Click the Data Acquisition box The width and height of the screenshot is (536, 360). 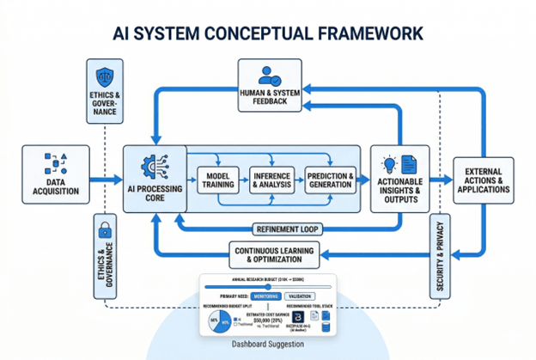[55, 179]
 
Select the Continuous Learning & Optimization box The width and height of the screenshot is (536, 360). [271, 253]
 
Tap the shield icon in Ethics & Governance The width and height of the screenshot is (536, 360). [104, 76]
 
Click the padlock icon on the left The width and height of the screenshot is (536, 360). [104, 229]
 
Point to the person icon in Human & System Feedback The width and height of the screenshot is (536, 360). [269, 73]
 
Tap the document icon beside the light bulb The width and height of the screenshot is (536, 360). [408, 162]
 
